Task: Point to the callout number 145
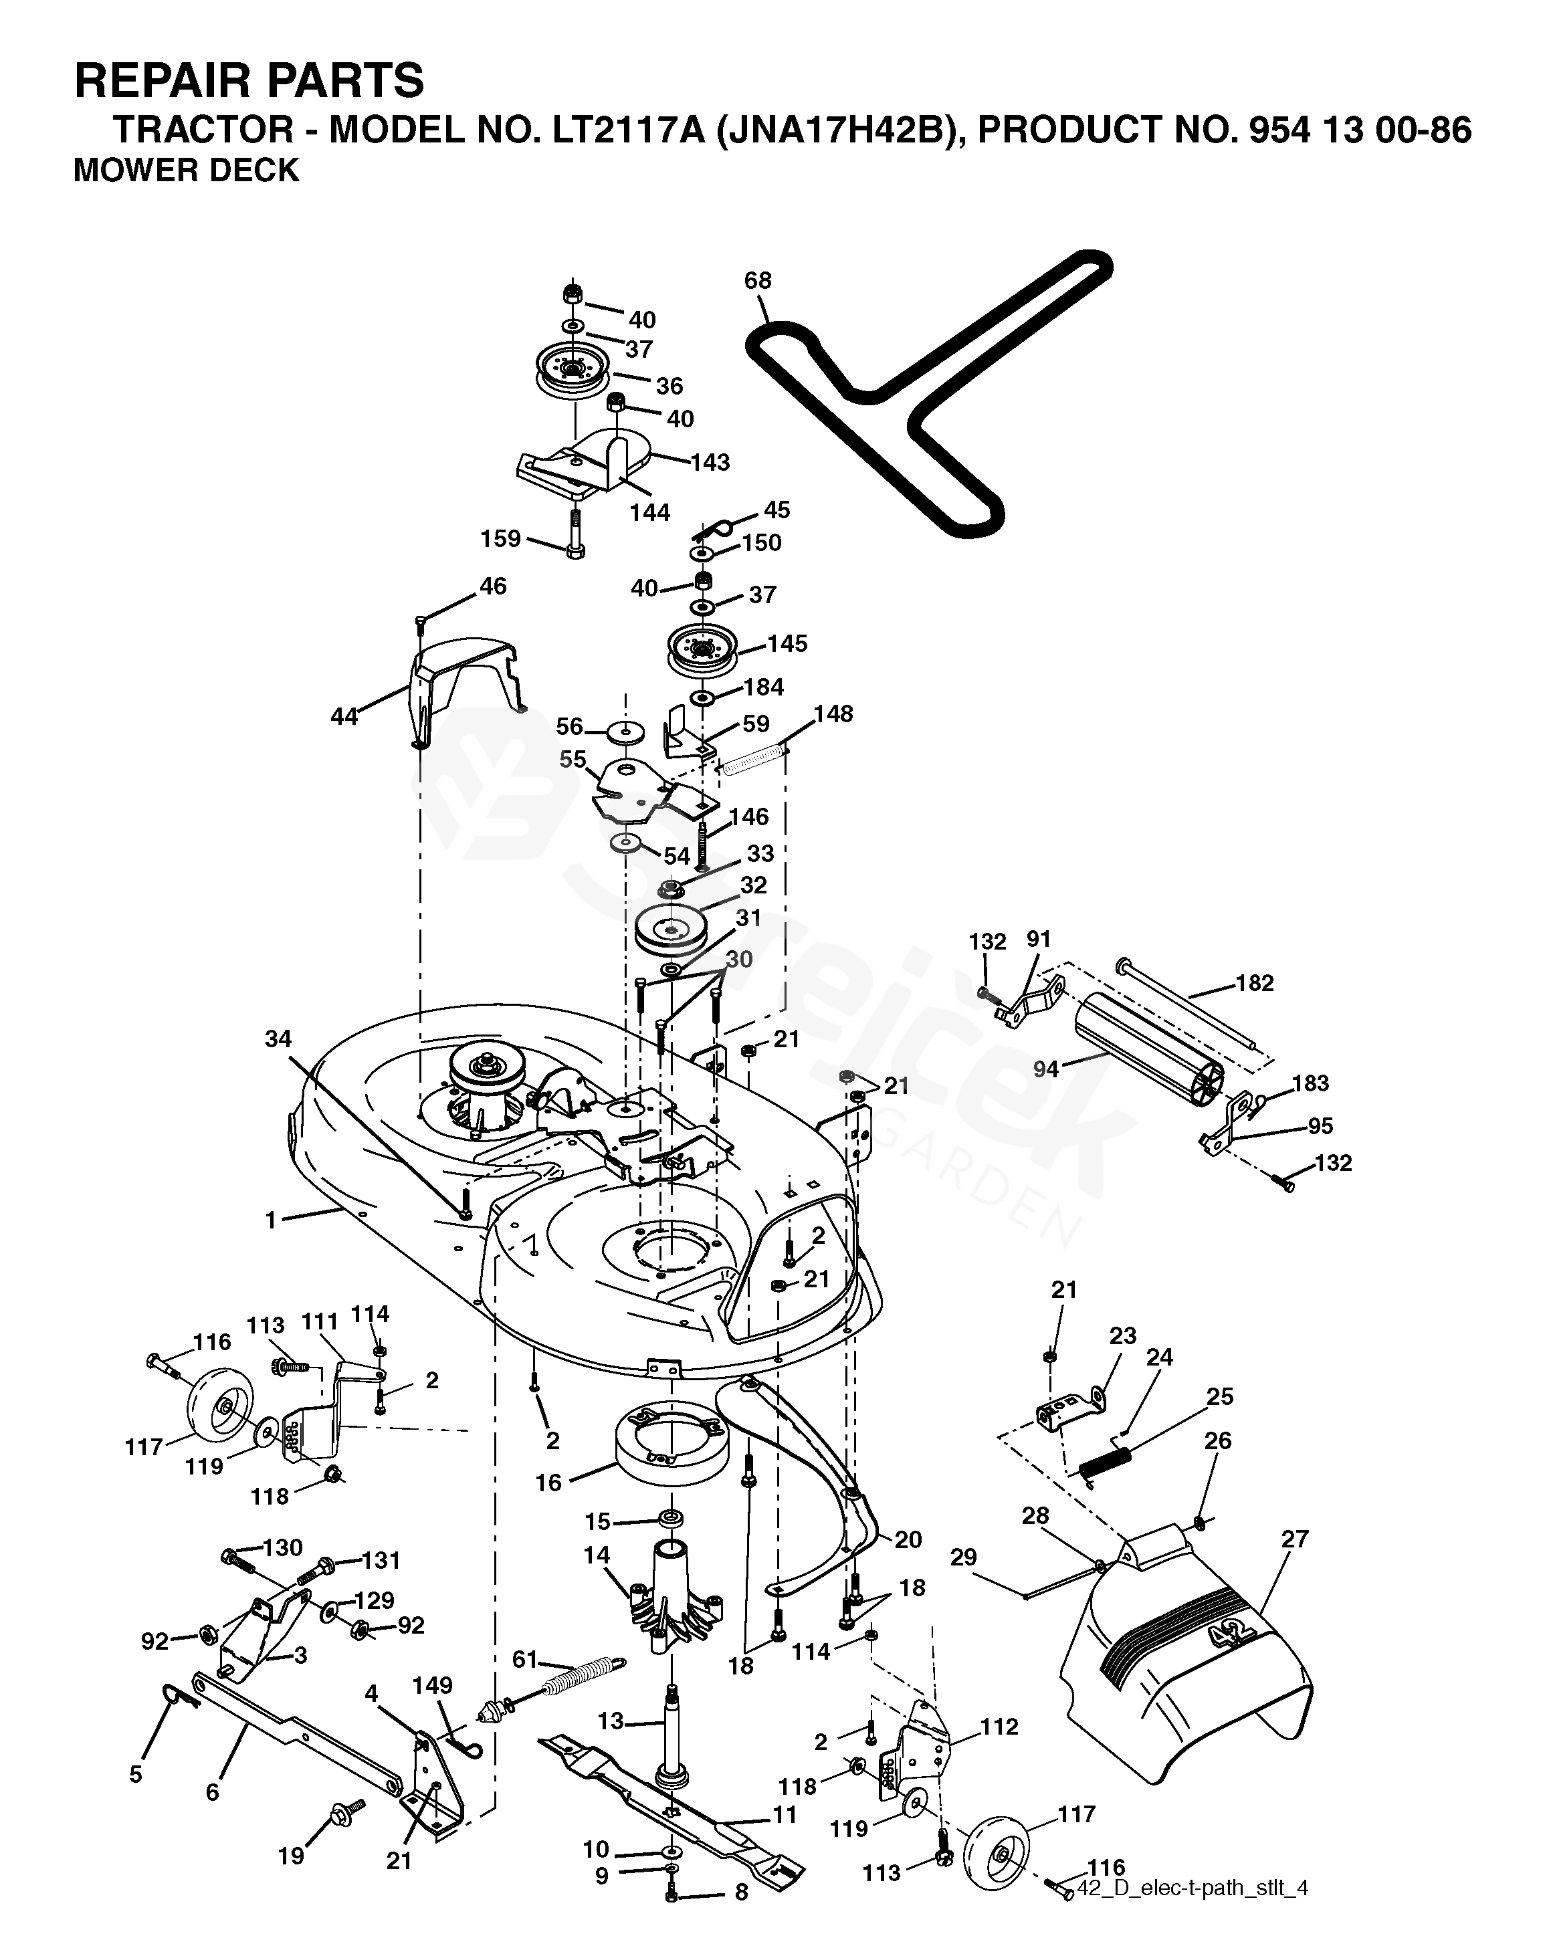[x=787, y=644]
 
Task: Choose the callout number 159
[x=500, y=539]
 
